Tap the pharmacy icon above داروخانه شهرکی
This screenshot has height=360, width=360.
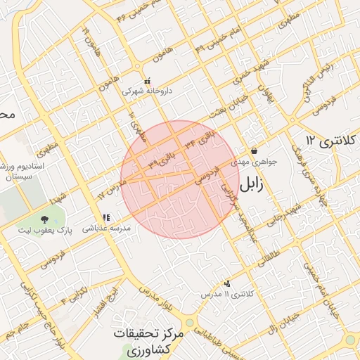[147, 81]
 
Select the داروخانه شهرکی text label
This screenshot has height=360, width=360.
[146, 91]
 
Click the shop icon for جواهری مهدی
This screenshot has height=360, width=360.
[254, 151]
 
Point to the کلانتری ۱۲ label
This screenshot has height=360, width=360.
[333, 141]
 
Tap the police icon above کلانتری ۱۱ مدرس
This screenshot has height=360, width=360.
[226, 283]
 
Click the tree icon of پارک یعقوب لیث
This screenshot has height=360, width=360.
[45, 221]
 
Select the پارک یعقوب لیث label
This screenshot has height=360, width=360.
[45, 231]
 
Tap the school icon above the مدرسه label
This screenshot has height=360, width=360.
[105, 218]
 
